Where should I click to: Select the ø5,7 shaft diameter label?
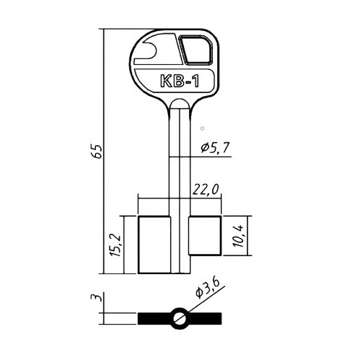point(214,148)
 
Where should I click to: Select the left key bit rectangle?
point(152,244)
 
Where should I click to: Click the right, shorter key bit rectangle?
point(205,235)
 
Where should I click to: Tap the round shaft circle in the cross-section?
point(178,318)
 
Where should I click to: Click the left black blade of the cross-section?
point(153,318)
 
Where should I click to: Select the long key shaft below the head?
point(178,159)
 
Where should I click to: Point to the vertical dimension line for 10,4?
point(248,235)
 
